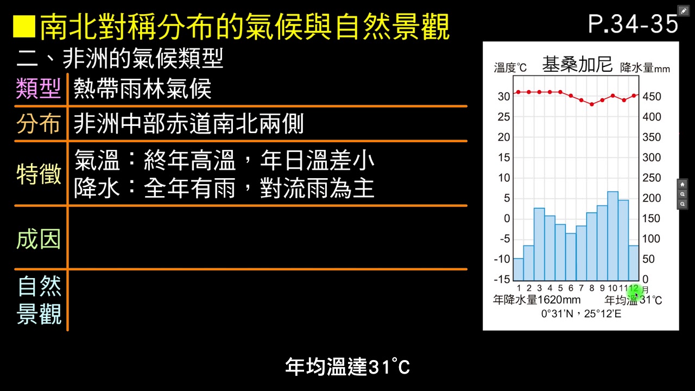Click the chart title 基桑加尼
[x=577, y=65]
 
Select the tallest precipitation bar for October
[x=612, y=236]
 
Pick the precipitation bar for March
[x=539, y=244]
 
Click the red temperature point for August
[x=592, y=104]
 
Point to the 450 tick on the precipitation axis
[x=652, y=97]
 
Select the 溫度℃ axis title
[x=510, y=68]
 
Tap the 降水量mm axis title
[x=645, y=68]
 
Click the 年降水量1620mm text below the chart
[x=536, y=300]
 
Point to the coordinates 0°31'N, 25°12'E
[x=581, y=314]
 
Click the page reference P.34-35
[x=633, y=24]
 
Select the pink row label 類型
[x=38, y=89]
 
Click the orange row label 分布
[x=38, y=124]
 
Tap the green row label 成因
[x=38, y=239]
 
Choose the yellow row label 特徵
[x=38, y=174]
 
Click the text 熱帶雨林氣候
[x=142, y=89]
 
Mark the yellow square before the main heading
[x=24, y=27]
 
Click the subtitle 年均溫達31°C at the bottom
[x=347, y=367]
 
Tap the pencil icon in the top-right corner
[x=683, y=11]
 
